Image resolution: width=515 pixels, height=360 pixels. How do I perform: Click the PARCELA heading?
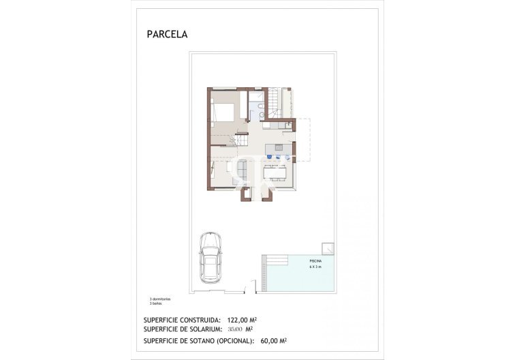167,33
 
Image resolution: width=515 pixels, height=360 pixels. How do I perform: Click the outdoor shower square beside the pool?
328,248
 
